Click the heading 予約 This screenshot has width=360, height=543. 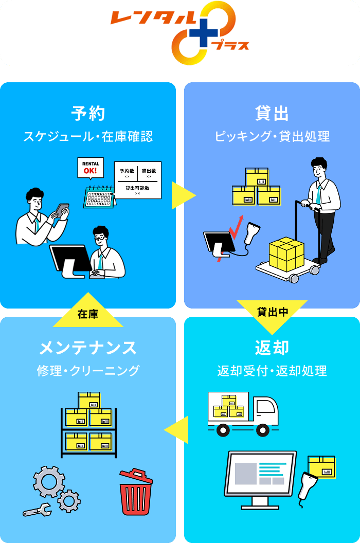[88, 114]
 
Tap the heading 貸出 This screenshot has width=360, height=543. [272, 114]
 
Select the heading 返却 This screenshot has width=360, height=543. [272, 348]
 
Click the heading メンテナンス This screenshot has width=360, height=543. [88, 348]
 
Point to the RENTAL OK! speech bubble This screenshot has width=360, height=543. [90, 168]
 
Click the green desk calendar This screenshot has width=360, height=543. [99, 196]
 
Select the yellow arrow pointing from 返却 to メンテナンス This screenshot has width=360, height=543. [177, 430]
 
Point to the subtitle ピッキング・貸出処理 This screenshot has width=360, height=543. [272, 137]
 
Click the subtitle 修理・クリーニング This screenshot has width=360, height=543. [88, 371]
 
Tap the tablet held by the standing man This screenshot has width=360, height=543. [62, 210]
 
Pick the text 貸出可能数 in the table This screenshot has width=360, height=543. [137, 188]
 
